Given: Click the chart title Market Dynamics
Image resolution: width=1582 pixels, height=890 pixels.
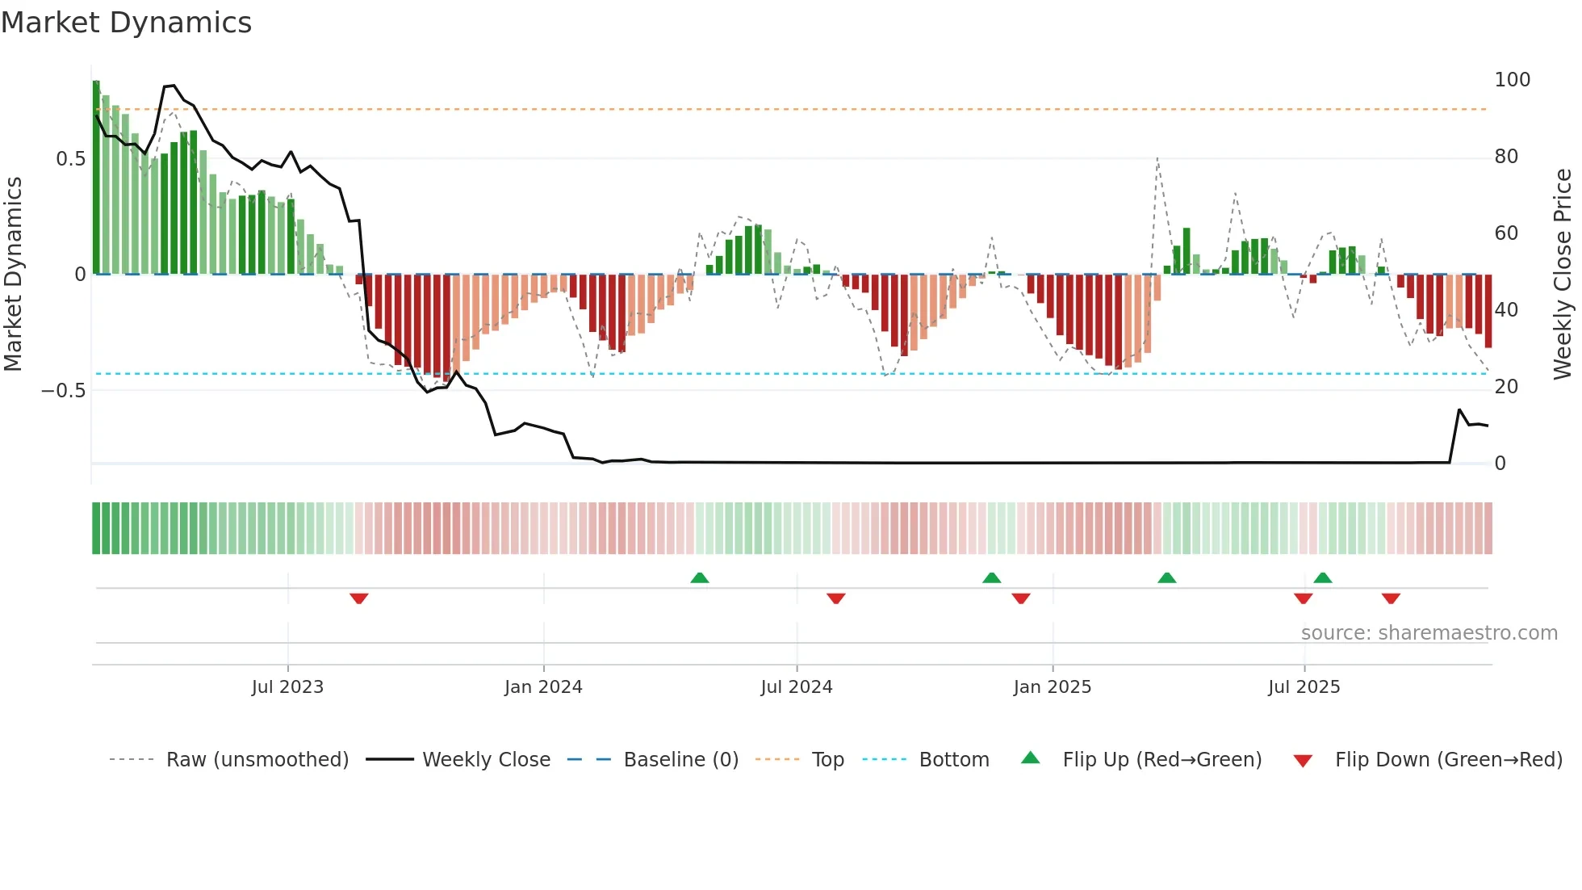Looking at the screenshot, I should (x=127, y=23).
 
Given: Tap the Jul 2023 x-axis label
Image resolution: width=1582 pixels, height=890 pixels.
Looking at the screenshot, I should (x=287, y=687).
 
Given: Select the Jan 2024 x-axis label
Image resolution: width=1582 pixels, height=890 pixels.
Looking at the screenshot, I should (x=543, y=687).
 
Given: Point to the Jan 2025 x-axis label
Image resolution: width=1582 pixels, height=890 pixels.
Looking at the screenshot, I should (x=1053, y=687).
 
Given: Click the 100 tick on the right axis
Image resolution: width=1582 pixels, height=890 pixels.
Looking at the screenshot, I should (x=1512, y=80).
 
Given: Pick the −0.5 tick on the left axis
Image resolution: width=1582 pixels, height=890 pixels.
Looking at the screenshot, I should (x=64, y=391).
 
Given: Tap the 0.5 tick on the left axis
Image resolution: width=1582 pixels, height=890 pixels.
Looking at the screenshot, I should (x=71, y=159).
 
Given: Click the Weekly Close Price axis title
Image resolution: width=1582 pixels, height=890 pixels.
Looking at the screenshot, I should (x=1563, y=274).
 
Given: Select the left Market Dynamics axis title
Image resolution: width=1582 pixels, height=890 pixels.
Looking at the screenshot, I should (x=14, y=274).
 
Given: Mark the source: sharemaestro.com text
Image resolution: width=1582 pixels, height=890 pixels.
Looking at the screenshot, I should (x=1429, y=633).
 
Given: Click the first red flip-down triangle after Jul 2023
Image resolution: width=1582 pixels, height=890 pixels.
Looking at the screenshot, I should (x=359, y=598).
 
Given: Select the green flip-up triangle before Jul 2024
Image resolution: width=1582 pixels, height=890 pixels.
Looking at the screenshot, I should (x=700, y=577).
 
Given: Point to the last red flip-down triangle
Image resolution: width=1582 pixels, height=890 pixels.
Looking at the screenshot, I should (x=1391, y=598).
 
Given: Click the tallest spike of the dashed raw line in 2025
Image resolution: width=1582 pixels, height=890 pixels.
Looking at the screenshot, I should (x=1157, y=159).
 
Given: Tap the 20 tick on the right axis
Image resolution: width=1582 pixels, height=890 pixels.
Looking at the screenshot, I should (x=1506, y=387).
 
